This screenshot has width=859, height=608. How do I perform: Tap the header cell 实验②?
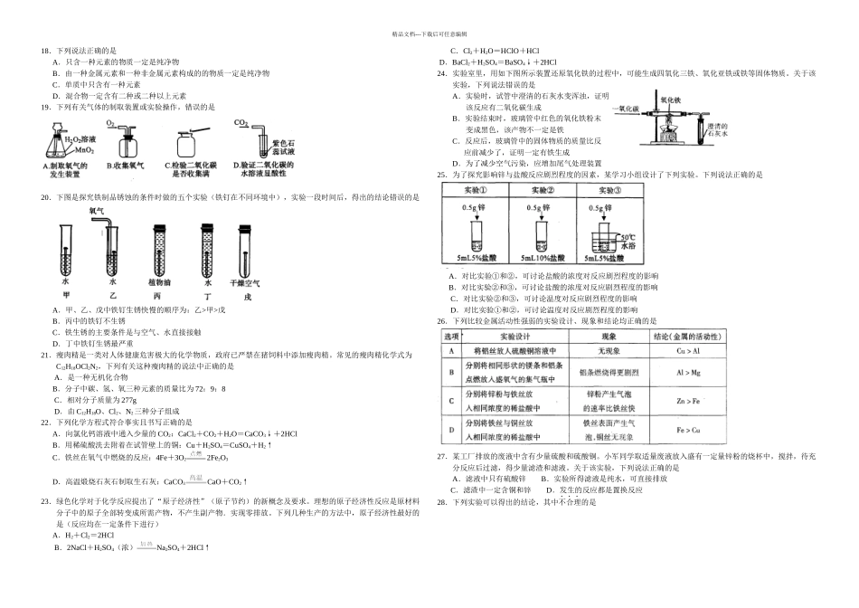click(x=542, y=190)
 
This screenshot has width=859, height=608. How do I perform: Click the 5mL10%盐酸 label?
click(x=542, y=259)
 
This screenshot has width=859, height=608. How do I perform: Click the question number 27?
click(x=441, y=458)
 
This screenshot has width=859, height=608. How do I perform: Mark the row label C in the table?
click(x=449, y=399)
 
